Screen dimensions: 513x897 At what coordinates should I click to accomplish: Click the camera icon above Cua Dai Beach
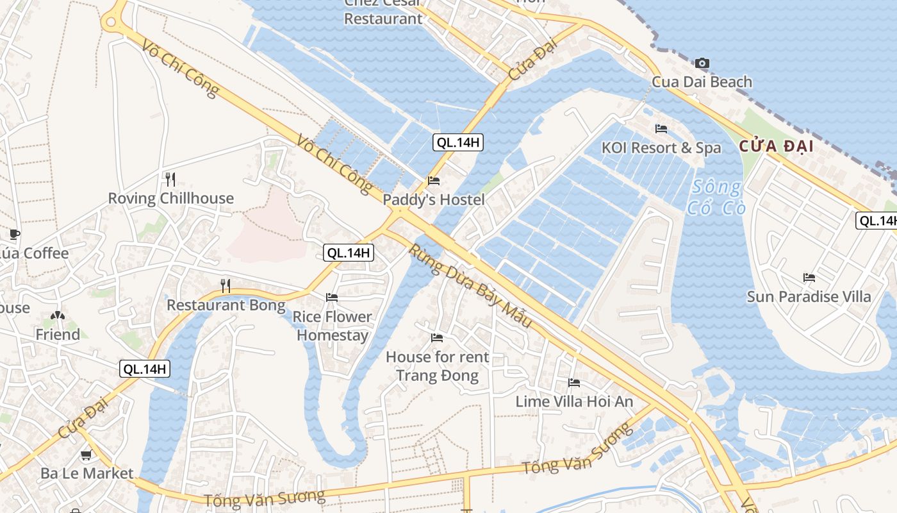coord(702,63)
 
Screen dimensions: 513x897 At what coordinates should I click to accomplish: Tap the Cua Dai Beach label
coord(702,82)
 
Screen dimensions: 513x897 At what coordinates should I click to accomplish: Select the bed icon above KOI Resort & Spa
coord(661,129)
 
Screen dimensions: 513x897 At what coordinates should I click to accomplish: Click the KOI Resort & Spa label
coord(661,148)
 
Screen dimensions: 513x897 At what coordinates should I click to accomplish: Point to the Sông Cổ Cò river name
coord(715,198)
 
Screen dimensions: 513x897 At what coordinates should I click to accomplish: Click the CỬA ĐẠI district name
coord(777,146)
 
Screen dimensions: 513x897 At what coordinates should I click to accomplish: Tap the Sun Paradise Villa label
coord(809,297)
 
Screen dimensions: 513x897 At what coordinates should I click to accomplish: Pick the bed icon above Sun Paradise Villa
coord(809,278)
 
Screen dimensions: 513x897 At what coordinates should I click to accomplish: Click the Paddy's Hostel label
coord(434,200)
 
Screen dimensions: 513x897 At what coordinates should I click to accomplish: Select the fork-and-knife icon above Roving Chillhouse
coord(170,179)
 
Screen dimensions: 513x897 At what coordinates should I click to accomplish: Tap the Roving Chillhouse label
coord(170,198)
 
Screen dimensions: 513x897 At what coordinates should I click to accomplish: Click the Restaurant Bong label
coord(226,305)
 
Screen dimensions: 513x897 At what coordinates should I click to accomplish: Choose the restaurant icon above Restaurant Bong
coord(225,285)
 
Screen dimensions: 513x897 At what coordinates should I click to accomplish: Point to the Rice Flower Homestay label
coord(332,326)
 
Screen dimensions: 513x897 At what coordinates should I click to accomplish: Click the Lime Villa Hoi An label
coord(574,402)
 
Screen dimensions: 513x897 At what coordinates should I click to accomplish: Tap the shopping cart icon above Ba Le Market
coord(86,455)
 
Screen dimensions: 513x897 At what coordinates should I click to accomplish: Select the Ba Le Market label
coord(87,474)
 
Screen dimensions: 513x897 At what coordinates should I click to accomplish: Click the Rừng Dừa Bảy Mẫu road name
coord(471,286)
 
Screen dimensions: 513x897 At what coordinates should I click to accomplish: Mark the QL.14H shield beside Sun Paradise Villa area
coord(876,221)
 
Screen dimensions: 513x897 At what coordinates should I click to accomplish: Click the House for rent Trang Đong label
coord(437,366)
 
